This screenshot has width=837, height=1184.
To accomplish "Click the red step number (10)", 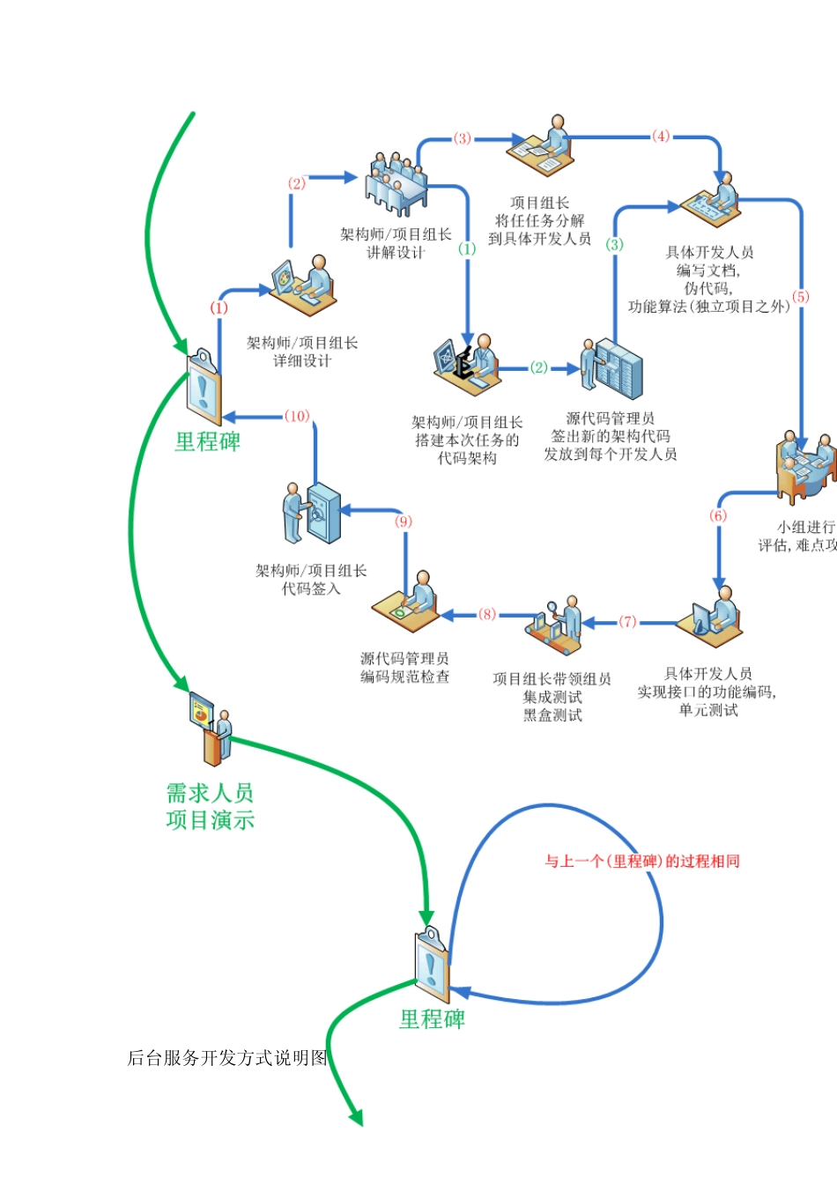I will tap(297, 416).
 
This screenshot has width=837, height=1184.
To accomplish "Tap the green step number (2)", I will tap(539, 367).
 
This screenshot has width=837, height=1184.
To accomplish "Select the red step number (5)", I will tap(800, 297).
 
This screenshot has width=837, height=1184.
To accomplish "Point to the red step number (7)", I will tap(627, 622).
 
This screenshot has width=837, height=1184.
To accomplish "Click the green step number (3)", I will tap(615, 244).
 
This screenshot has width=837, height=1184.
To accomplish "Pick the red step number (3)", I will tap(463, 138).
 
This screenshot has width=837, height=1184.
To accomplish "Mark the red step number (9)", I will tap(404, 522).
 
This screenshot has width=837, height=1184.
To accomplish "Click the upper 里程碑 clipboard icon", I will tap(204, 388).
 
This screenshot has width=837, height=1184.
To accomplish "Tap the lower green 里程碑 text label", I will tap(432, 1019).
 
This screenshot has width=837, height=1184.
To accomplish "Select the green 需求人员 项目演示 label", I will tap(210, 806).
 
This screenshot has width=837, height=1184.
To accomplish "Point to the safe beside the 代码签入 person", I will tap(322, 513).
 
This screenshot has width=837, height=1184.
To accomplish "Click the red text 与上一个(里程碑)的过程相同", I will tap(641, 861).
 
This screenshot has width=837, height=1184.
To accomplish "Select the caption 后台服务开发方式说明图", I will tap(227, 1058).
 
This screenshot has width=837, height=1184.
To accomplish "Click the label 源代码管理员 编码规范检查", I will tap(404, 667).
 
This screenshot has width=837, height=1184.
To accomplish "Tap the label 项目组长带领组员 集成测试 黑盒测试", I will tap(552, 697).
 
